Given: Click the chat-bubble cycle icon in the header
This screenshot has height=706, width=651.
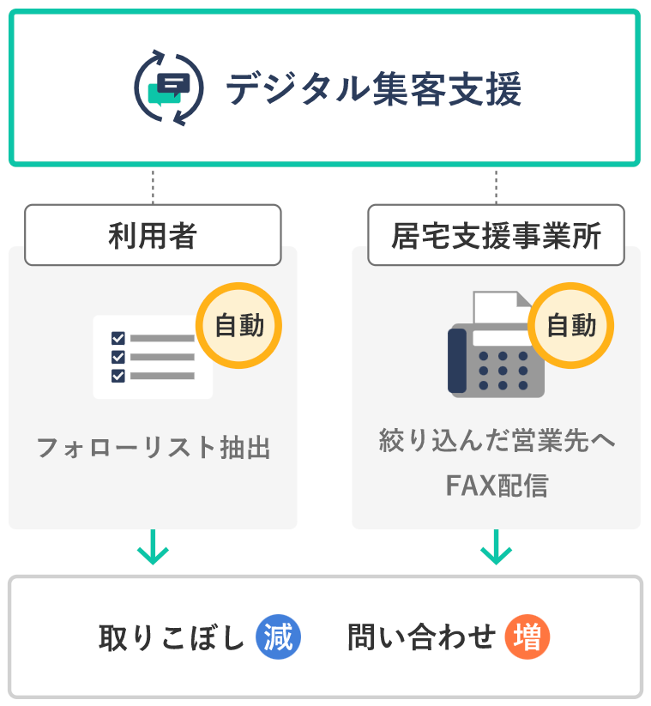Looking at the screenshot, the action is [x=170, y=88].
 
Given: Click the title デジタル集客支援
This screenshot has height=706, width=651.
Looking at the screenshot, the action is [x=374, y=89].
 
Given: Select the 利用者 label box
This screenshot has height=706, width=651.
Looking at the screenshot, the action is [x=153, y=234].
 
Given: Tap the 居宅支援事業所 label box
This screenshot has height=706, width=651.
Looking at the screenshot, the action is [x=496, y=234].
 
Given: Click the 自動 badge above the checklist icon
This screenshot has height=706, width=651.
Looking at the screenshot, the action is [x=239, y=326].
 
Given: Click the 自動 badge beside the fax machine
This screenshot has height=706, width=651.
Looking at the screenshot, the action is [x=571, y=326].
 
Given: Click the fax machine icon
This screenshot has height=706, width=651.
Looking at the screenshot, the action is [x=496, y=352].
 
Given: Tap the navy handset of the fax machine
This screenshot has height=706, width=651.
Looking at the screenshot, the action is [x=457, y=361].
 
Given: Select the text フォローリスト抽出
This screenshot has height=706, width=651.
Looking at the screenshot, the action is [x=153, y=448].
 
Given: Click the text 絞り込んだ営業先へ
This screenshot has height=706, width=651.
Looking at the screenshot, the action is [x=497, y=443].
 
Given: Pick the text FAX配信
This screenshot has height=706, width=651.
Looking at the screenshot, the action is [x=497, y=486].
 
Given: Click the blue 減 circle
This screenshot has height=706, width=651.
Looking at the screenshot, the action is [x=279, y=638].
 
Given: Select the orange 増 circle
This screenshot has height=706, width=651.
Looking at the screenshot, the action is [x=527, y=638].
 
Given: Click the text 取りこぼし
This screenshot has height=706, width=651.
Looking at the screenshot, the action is [x=172, y=638].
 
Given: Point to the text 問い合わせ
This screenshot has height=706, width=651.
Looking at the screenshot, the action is [x=421, y=638].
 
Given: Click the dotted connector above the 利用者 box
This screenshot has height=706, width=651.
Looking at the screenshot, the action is [x=153, y=185].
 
